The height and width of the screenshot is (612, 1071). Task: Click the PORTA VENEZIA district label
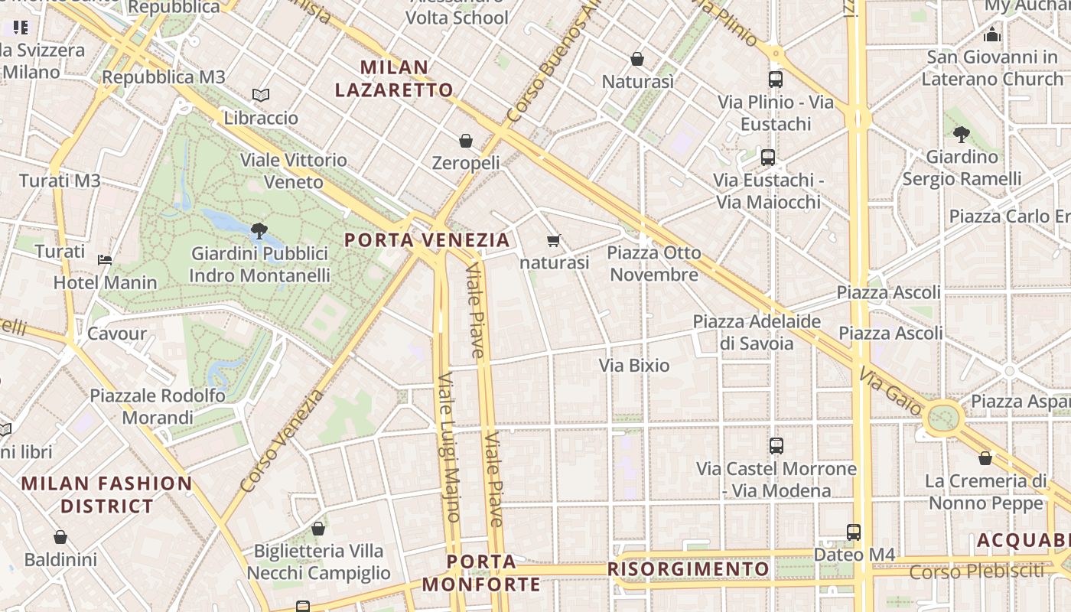(x=427, y=240)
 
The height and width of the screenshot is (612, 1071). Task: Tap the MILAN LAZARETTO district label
(x=394, y=79)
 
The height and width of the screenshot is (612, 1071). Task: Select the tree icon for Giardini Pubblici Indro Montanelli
(x=259, y=230)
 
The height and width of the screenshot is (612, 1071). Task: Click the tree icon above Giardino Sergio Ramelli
(x=962, y=135)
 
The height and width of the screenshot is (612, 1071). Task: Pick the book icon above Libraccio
(x=261, y=95)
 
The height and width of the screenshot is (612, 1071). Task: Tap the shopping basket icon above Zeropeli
(x=465, y=141)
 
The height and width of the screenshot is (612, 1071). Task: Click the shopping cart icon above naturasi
(x=554, y=240)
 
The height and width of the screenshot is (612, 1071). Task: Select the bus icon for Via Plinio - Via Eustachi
(x=775, y=79)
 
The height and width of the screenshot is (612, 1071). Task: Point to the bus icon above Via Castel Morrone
(x=776, y=445)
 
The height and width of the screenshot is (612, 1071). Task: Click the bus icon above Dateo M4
(x=853, y=532)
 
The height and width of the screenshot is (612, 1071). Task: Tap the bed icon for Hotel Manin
(x=105, y=260)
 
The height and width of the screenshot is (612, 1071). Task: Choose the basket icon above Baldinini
(x=60, y=537)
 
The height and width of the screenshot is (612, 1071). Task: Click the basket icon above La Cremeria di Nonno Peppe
(x=985, y=458)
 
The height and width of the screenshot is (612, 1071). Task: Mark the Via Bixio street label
(x=634, y=366)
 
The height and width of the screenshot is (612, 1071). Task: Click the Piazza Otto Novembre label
(x=654, y=263)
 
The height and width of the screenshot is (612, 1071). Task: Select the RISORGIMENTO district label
(x=688, y=569)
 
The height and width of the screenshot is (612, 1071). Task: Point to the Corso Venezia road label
(x=282, y=441)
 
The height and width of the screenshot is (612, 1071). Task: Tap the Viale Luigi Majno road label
(x=448, y=447)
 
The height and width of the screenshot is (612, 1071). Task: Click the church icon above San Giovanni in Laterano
(x=992, y=34)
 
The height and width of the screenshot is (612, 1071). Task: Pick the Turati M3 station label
(x=60, y=181)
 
